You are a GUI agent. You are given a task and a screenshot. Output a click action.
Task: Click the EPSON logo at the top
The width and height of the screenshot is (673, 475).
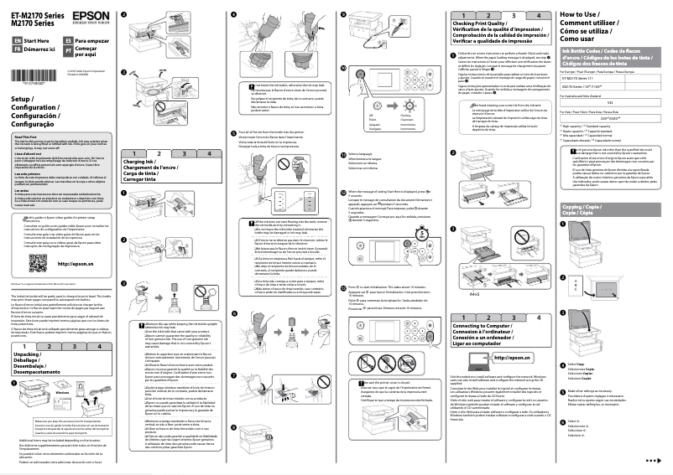pos(89,16)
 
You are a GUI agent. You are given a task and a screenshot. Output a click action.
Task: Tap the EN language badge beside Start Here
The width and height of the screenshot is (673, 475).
pos(18,40)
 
